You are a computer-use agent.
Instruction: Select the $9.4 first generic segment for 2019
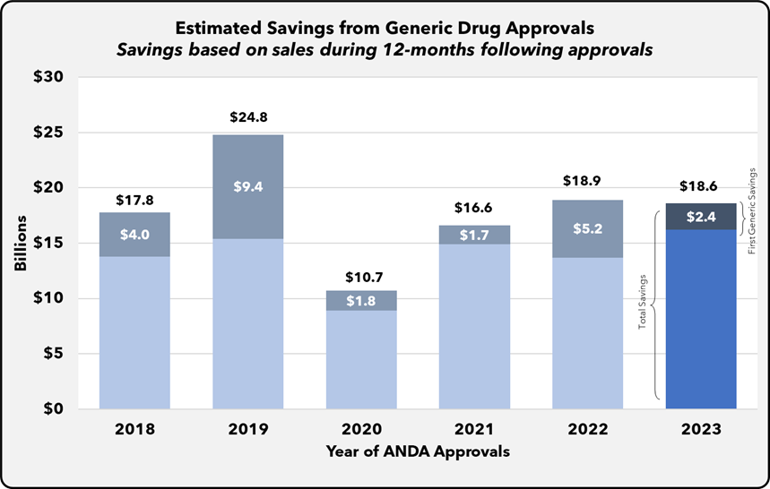pyautogui.click(x=247, y=186)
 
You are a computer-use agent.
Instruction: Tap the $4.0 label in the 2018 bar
pyautogui.click(x=134, y=235)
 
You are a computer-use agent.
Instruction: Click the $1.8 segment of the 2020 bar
pyautogui.click(x=361, y=301)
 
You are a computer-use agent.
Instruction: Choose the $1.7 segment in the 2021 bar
pyautogui.click(x=474, y=235)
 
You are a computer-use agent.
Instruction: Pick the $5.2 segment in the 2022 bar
pyautogui.click(x=587, y=228)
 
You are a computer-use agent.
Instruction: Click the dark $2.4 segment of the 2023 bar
pyautogui.click(x=700, y=216)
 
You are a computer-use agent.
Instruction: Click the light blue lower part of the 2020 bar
pyautogui.click(x=361, y=358)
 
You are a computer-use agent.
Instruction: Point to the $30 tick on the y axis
pyautogui.click(x=48, y=78)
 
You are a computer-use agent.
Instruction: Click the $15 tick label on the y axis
pyautogui.click(x=48, y=243)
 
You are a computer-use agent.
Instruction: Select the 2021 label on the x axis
pyautogui.click(x=474, y=429)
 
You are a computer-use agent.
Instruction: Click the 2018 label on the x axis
pyautogui.click(x=134, y=429)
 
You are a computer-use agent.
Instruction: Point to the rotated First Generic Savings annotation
pyautogui.click(x=751, y=209)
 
